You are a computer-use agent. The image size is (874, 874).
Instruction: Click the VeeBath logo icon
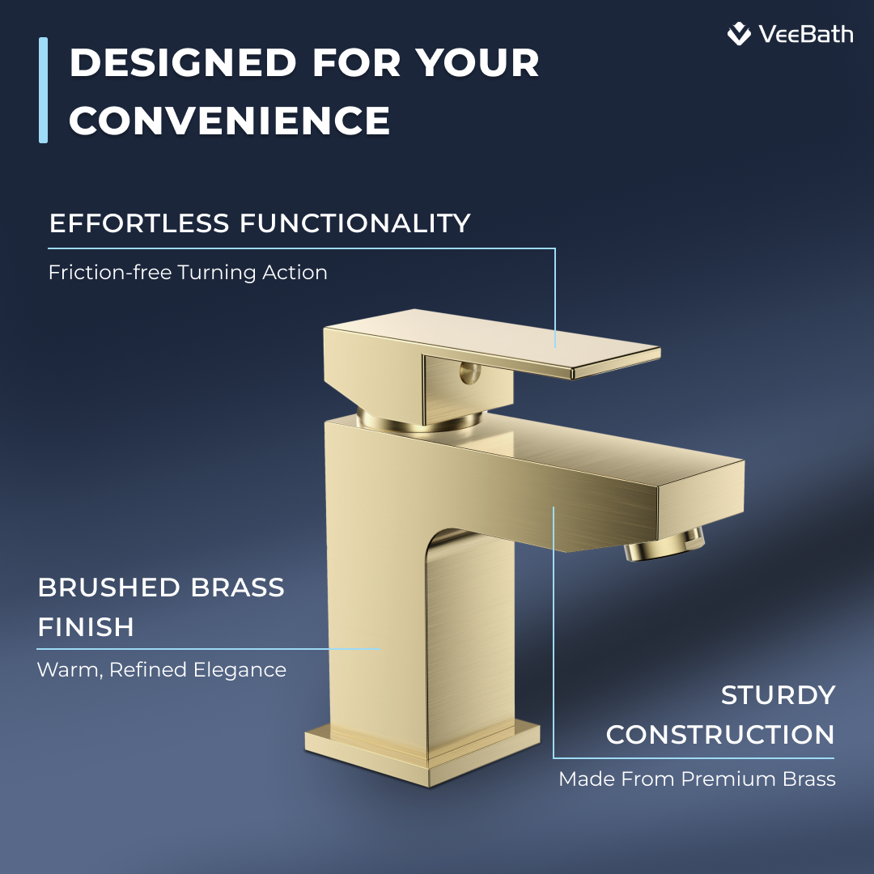point(739,34)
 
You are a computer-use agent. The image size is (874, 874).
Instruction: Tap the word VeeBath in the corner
point(806,34)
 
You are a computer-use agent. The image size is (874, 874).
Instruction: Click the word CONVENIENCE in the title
point(230,121)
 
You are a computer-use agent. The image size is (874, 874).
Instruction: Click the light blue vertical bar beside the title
point(43,90)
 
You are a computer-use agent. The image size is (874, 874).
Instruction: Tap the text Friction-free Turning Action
point(188,272)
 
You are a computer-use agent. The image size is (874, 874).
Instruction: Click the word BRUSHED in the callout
point(104,587)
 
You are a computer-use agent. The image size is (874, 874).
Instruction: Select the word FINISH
point(86,626)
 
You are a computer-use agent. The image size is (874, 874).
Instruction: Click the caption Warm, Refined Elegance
point(162,670)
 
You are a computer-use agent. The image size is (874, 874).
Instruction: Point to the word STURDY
point(778,695)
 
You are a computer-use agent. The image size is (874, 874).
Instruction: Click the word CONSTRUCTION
point(720,735)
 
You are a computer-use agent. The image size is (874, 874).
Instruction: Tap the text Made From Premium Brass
point(697,779)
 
